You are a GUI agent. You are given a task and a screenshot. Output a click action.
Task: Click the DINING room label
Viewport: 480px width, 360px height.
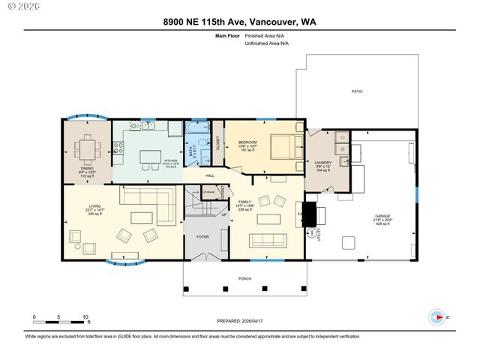(88, 170)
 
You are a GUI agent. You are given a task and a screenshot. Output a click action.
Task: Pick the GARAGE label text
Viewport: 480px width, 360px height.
(382, 217)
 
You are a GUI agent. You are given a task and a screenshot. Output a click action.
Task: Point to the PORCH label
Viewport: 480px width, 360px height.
(244, 278)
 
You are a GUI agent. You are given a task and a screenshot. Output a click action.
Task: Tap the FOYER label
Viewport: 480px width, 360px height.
(202, 236)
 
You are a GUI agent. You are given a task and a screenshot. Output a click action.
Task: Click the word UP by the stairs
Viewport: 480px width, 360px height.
(223, 215)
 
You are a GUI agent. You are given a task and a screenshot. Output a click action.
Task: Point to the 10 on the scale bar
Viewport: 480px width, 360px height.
(86, 317)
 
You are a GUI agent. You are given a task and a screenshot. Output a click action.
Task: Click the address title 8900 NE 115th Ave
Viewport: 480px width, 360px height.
(239, 22)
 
